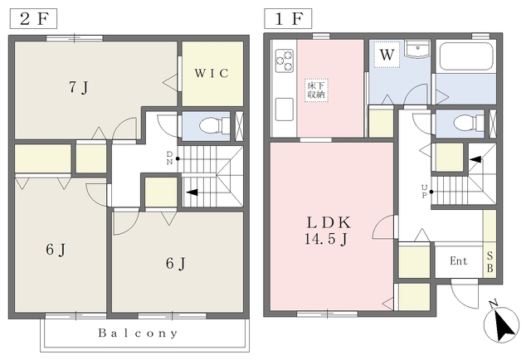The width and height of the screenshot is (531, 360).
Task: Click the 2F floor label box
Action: [33, 19]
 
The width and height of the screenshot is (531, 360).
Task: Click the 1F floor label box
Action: [288, 18]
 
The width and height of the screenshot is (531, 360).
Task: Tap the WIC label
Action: [212, 73]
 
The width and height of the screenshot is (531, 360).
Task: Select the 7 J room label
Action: [79, 87]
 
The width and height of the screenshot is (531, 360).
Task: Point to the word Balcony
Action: [138, 333]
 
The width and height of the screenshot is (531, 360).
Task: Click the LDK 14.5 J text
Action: [328, 231]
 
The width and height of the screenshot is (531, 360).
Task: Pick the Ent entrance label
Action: [459, 260]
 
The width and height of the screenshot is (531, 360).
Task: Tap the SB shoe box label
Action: [490, 262]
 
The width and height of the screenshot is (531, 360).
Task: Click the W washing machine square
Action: [387, 55]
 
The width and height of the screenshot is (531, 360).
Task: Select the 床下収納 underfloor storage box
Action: [316, 90]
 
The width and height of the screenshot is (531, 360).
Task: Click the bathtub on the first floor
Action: [466, 56]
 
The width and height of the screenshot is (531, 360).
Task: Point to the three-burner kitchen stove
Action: [284, 61]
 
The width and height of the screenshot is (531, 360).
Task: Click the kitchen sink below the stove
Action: [285, 109]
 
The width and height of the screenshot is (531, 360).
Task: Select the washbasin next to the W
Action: [418, 50]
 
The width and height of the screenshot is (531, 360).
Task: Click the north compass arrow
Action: [501, 325]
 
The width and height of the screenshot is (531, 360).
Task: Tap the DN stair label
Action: [169, 158]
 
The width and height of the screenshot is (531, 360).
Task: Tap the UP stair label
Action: [424, 192]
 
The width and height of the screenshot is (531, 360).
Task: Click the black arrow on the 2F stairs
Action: [192, 192]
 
